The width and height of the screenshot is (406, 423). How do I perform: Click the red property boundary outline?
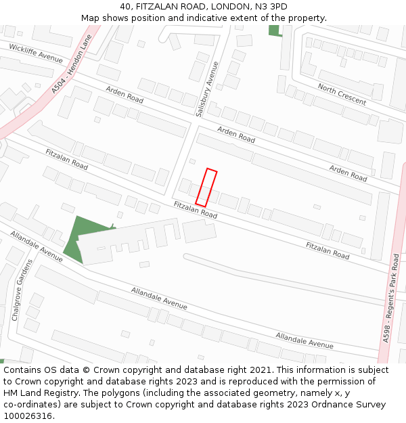[x=206, y=187]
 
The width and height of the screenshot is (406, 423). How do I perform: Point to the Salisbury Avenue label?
[x=208, y=89]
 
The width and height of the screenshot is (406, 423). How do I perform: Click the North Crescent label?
[x=342, y=94]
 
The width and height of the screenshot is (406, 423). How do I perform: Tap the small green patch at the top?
[x=274, y=30]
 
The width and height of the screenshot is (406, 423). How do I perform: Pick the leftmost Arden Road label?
[x=125, y=95]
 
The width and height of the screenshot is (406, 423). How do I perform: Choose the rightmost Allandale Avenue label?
[x=304, y=340]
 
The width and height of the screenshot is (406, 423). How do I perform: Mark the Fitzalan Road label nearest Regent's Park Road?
[x=328, y=250]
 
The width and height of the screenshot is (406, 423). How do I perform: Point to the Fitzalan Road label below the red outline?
[x=195, y=210]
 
